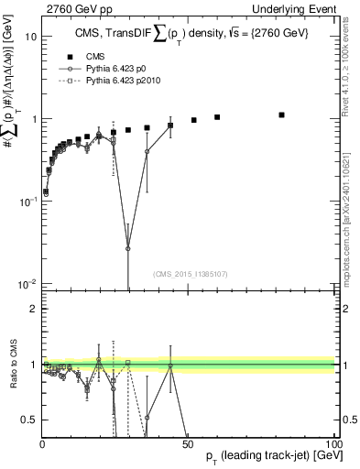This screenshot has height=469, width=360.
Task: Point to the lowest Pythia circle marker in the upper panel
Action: pyautogui.click(x=128, y=248)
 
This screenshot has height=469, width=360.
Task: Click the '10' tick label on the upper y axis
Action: pyautogui.click(x=30, y=38)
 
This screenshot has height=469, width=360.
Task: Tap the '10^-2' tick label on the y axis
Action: pyautogui.click(x=27, y=284)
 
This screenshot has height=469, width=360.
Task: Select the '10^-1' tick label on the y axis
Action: pyautogui.click(x=27, y=202)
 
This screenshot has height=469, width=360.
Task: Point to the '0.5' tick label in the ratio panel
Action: pyautogui.click(x=29, y=420)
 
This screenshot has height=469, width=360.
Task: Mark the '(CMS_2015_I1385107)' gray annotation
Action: pyautogui.click(x=191, y=274)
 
